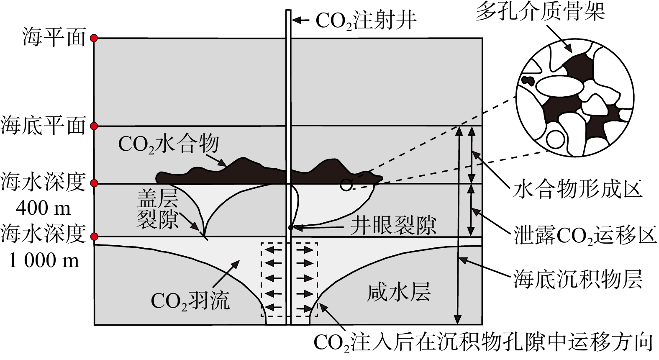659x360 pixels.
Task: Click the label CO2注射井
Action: pos(366,20)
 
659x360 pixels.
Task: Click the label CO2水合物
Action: pos(168,144)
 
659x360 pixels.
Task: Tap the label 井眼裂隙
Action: pos(393,226)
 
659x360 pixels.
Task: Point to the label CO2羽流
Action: pos(190,300)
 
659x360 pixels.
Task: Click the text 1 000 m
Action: pos(44,261)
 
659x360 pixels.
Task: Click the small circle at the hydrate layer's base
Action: pos(346,185)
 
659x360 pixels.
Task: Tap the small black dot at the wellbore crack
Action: pos(290,228)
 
